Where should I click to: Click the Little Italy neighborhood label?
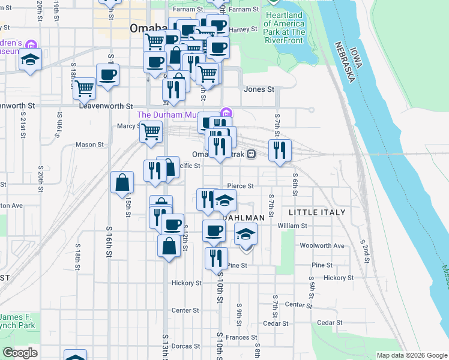click(x=317, y=212)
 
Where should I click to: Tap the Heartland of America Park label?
click(x=285, y=28)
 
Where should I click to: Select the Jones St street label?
click(x=259, y=89)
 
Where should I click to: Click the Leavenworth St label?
click(x=106, y=106)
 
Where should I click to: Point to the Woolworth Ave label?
click(x=322, y=245)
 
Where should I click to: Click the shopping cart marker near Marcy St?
click(x=151, y=130)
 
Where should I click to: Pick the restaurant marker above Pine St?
click(x=215, y=257)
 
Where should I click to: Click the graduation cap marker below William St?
click(x=245, y=234)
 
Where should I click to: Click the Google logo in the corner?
click(x=20, y=353)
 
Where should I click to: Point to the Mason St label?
click(x=90, y=145)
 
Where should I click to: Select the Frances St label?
click(x=241, y=338)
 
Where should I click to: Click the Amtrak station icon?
click(x=251, y=154)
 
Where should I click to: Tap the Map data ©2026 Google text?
click(x=411, y=355)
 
